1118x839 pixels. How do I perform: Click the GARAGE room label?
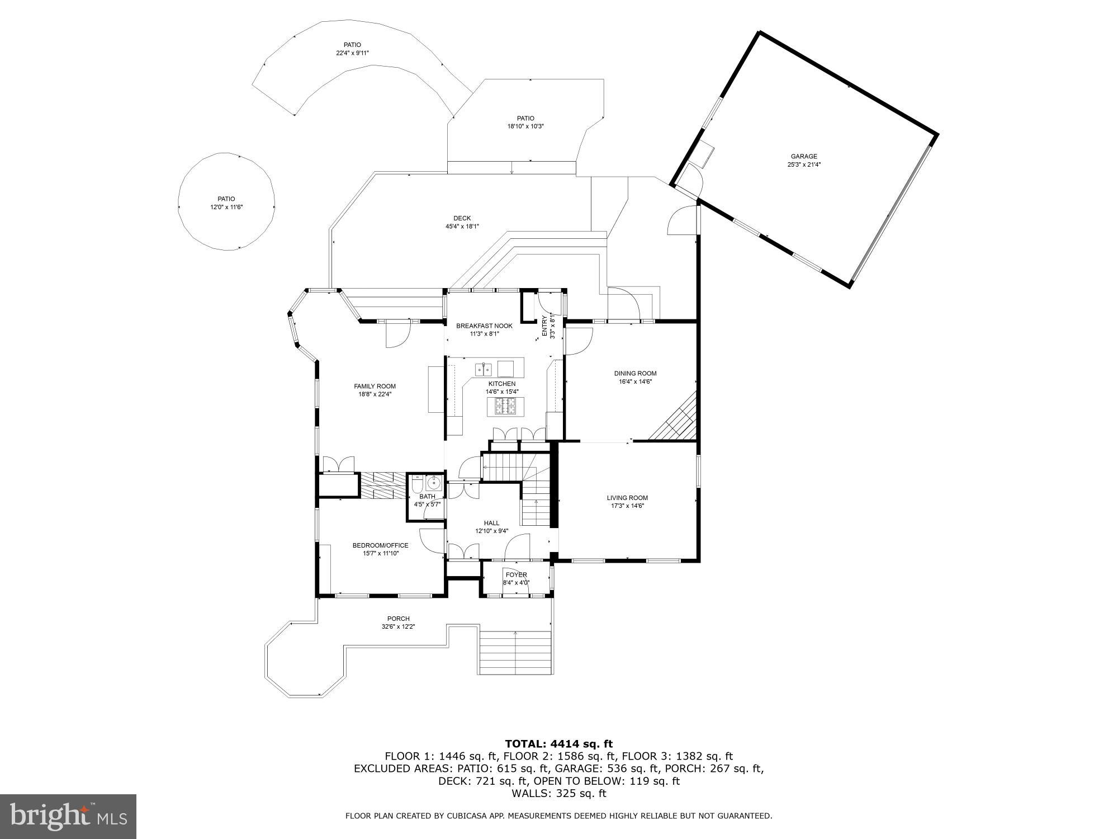point(803,157)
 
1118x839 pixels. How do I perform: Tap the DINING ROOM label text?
point(635,374)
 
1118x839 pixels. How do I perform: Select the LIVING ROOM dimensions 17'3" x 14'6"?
point(627,506)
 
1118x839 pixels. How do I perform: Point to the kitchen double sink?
point(484,369)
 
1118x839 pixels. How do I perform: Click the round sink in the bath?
point(434,482)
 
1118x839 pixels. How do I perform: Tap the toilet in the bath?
point(418,482)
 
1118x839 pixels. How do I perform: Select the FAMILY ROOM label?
point(375,386)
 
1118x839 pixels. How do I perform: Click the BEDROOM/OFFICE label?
point(380,545)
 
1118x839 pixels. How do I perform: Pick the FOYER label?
point(516,574)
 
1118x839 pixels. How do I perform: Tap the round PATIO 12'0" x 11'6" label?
point(226,199)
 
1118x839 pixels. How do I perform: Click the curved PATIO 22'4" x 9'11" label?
point(352,45)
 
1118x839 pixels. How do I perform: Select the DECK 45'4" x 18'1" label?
point(462,218)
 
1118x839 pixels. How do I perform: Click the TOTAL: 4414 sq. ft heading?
point(558,744)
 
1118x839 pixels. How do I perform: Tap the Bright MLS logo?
point(68,817)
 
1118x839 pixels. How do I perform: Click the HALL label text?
point(491,523)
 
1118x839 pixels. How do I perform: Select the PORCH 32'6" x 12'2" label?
point(398,619)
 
